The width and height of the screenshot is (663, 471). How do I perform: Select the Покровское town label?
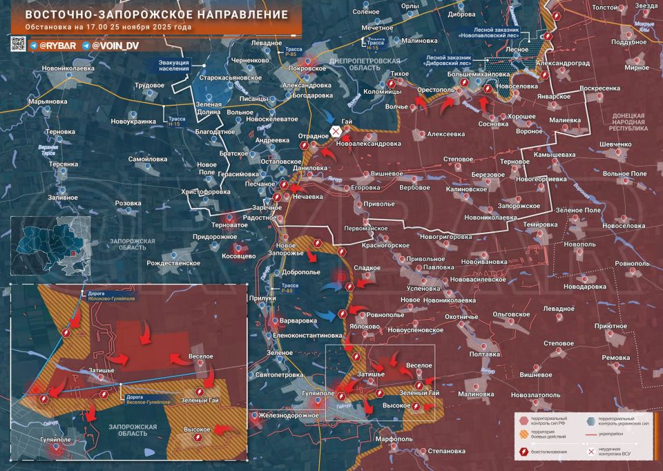[x=307, y=69]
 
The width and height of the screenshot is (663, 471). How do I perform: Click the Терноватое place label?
[x=229, y=225]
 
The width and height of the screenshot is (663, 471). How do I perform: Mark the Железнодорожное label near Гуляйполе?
[x=289, y=415]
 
